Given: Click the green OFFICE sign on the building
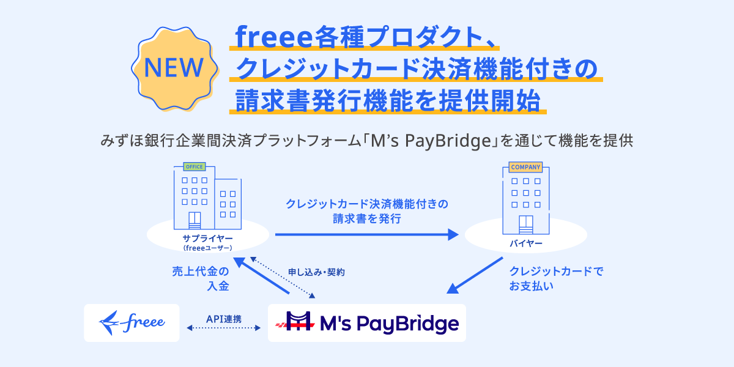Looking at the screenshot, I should point(194,166).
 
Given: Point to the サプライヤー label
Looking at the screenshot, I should point(207,239).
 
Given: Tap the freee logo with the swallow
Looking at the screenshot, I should point(132,322).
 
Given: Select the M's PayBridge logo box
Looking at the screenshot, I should point(367,323).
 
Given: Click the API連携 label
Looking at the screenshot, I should point(223,319).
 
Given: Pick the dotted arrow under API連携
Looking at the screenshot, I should point(223,329).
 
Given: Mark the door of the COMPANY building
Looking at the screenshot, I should point(525,224).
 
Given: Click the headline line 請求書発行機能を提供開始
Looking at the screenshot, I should point(385,100).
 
